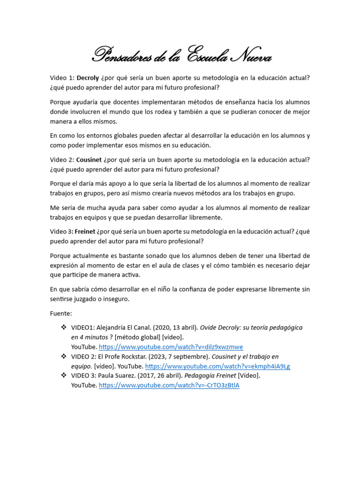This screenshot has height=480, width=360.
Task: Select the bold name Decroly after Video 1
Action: click(x=88, y=78)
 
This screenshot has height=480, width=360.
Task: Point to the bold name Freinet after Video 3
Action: click(x=85, y=232)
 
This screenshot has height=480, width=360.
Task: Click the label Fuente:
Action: click(x=61, y=313)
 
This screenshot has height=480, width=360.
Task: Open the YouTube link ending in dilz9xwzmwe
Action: click(x=171, y=347)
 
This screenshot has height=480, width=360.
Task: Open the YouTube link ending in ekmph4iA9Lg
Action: click(x=217, y=367)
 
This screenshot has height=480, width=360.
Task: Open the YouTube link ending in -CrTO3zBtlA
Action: click(x=169, y=386)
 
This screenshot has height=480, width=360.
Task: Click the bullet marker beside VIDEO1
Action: click(x=64, y=328)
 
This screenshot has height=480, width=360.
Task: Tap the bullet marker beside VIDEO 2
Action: click(x=64, y=357)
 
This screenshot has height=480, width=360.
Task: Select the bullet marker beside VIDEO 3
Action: click(x=64, y=376)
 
